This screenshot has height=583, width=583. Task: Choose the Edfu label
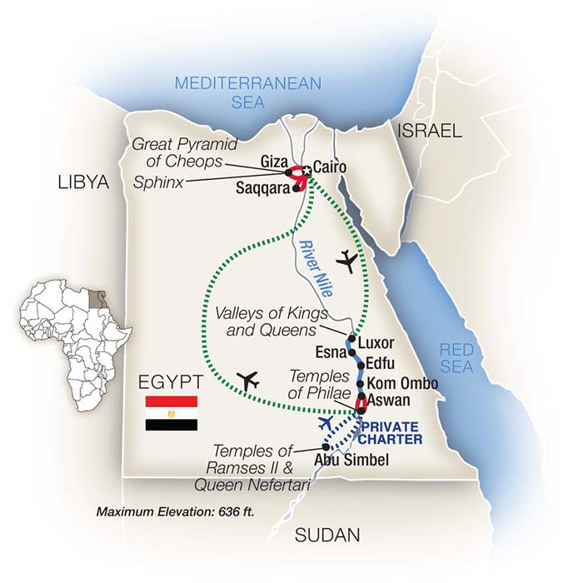tap(381, 365)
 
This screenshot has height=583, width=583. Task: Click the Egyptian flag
tap(172, 413)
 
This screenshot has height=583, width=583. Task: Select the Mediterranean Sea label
tap(236, 92)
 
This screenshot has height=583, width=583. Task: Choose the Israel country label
tap(429, 130)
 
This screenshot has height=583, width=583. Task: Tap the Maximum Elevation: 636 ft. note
tap(173, 511)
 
